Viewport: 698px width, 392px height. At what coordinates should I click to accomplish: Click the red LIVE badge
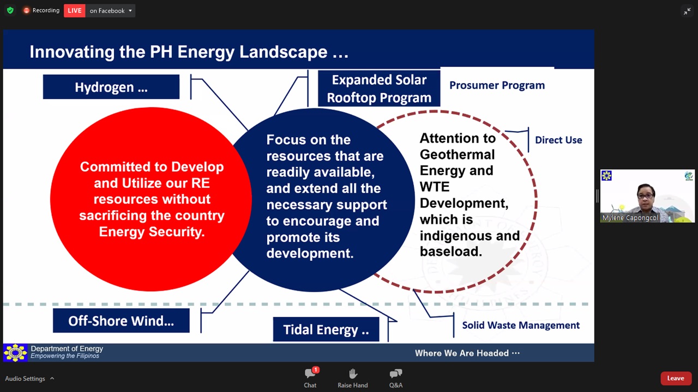(x=75, y=10)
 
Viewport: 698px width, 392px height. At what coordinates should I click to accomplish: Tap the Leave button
(x=676, y=378)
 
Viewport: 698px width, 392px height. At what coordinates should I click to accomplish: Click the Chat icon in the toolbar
(x=310, y=373)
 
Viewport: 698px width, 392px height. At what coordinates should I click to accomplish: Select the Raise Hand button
(x=353, y=378)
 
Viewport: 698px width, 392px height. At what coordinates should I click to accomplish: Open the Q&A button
(x=396, y=378)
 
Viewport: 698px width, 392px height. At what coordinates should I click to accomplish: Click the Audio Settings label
(x=25, y=378)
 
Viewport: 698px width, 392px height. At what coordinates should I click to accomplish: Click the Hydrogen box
(x=111, y=87)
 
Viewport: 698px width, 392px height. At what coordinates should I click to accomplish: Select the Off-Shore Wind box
(x=121, y=321)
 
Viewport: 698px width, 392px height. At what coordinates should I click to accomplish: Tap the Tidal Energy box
(x=326, y=329)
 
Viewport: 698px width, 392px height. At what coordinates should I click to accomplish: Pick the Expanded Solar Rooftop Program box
(x=379, y=89)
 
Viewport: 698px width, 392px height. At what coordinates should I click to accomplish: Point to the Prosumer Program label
(x=497, y=85)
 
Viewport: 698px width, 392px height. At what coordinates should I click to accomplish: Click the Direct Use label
(x=558, y=140)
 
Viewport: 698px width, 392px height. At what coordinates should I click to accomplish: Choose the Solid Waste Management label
(x=521, y=325)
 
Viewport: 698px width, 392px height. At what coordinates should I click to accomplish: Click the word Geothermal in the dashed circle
(x=457, y=155)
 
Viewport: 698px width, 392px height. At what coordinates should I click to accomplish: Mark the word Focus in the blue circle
(x=286, y=140)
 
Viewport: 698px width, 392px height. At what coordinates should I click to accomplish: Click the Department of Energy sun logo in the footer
(x=15, y=353)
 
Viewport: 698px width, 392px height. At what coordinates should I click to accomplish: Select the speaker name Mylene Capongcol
(x=630, y=218)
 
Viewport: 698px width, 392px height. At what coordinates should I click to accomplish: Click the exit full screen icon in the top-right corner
(x=687, y=11)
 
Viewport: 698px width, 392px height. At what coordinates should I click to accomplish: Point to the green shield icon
(x=10, y=10)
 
